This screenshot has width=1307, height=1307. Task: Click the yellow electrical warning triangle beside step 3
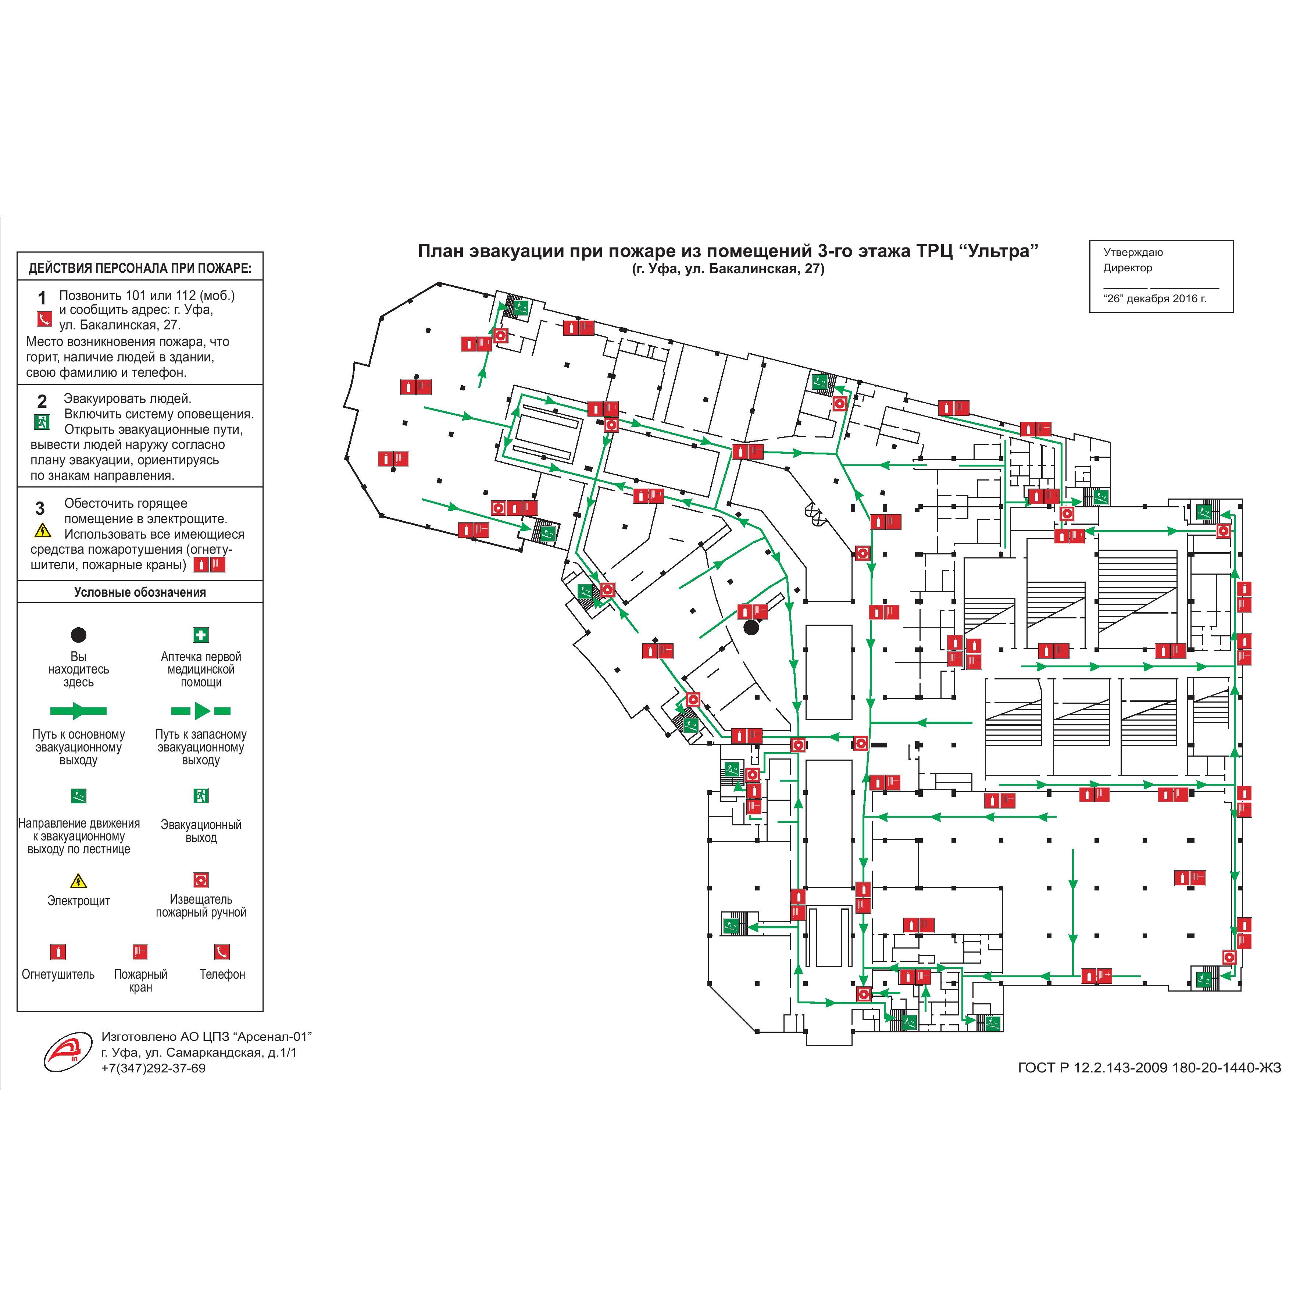tap(43, 530)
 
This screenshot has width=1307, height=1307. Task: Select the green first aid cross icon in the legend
tap(201, 635)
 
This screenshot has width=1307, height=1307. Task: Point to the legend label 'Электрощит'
tap(78, 900)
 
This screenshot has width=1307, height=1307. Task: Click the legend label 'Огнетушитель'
tap(58, 974)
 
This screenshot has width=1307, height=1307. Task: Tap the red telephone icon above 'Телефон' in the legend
tap(222, 952)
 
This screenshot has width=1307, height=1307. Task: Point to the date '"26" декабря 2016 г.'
tap(1155, 298)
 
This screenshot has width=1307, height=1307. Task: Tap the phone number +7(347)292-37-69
tap(154, 1068)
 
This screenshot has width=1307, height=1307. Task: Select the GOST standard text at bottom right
tap(1149, 1068)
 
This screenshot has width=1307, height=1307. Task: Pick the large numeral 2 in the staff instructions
tap(42, 401)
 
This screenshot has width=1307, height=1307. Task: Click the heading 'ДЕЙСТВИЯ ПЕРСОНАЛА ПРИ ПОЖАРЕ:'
tap(140, 268)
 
